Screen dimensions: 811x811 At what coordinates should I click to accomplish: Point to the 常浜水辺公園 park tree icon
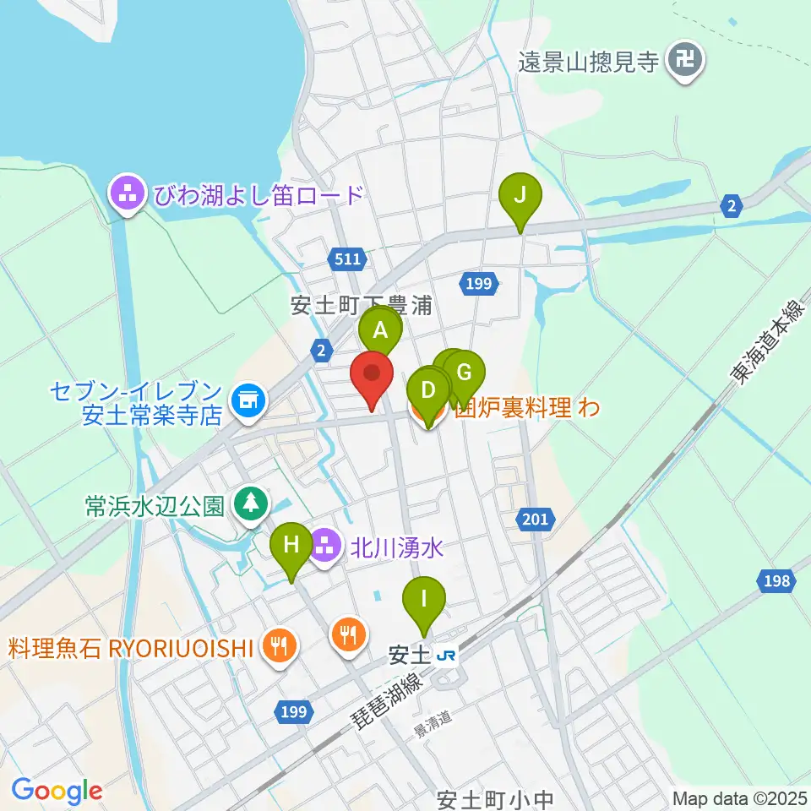click(x=249, y=505)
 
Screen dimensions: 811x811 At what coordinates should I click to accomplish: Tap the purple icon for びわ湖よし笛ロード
click(x=128, y=195)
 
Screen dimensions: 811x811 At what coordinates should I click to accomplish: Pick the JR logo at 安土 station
click(x=446, y=656)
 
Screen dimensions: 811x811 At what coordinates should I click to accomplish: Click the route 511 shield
click(x=346, y=259)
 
